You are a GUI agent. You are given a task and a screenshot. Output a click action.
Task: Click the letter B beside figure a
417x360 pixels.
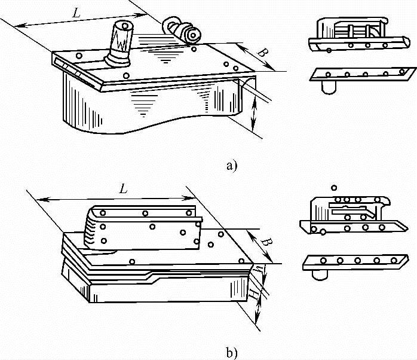[x=261, y=52]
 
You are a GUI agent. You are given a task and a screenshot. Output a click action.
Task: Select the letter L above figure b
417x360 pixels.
[x=123, y=190]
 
